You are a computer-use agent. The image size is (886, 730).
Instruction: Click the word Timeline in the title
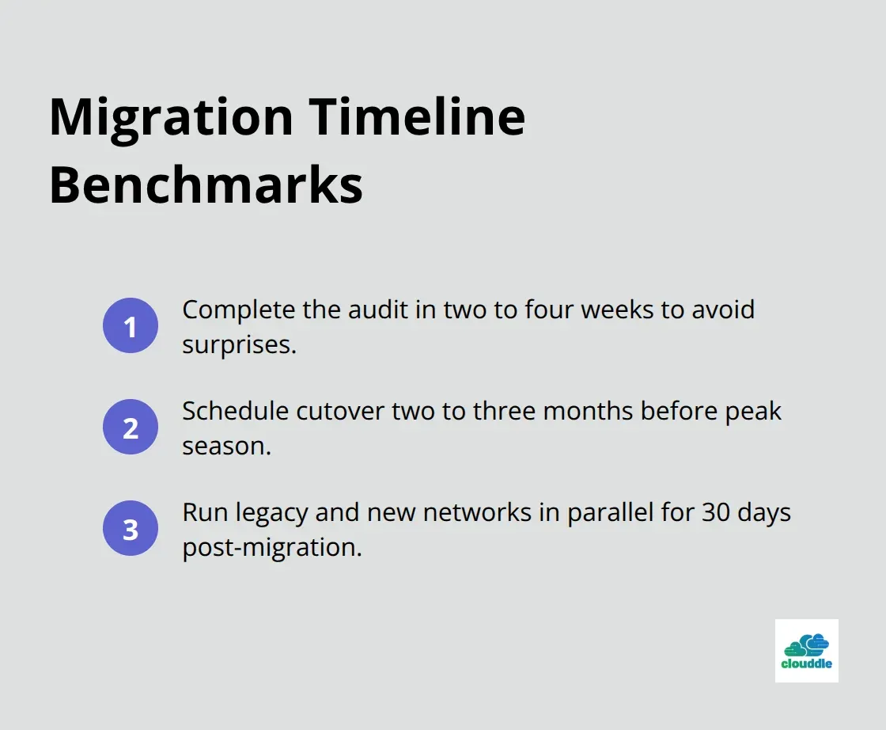[x=417, y=117]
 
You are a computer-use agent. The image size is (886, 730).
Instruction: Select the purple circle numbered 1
[x=131, y=326]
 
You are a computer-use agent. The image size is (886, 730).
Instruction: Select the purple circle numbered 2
[x=131, y=428]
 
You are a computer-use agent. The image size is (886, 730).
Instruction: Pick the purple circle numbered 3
[x=131, y=529]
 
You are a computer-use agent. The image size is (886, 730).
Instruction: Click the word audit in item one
[x=368, y=310]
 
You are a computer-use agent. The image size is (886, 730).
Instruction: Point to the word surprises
[x=239, y=344]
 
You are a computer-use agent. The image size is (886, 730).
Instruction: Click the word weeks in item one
[x=611, y=310]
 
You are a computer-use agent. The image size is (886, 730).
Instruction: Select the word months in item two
[x=584, y=411]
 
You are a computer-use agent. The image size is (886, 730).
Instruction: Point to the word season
[x=226, y=446]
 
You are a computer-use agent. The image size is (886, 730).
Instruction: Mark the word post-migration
[x=271, y=547]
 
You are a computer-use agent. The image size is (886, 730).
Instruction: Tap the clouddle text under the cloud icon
[x=806, y=663]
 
